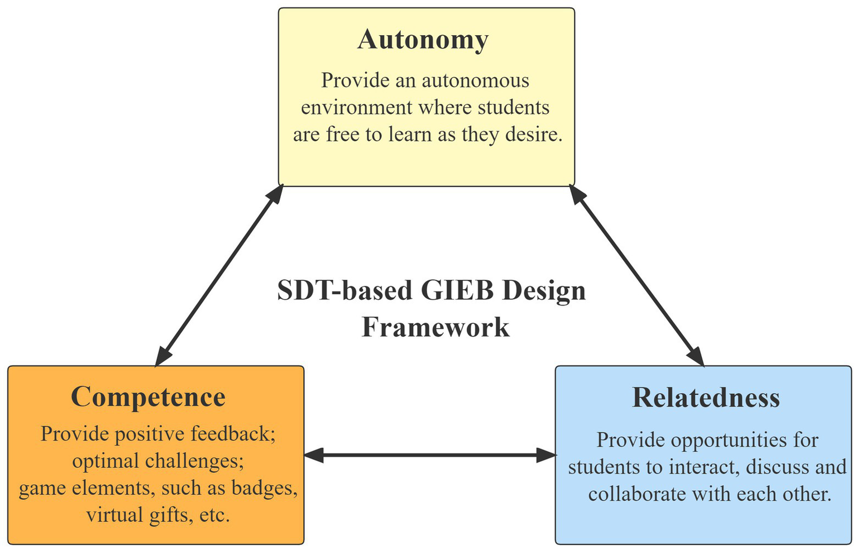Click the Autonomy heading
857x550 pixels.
pyautogui.click(x=423, y=40)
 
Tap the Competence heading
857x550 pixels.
pyautogui.click(x=148, y=397)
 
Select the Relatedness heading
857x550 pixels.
pyautogui.click(x=706, y=398)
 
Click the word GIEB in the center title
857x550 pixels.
pyautogui.click(x=458, y=291)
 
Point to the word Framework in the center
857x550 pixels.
pyautogui.click(x=435, y=327)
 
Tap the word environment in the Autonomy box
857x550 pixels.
pyautogui.click(x=356, y=107)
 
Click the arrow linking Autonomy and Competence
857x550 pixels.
pyautogui.click(x=219, y=275)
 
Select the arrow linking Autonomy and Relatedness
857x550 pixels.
pyautogui.click(x=636, y=275)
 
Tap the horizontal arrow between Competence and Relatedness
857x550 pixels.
pyautogui.click(x=429, y=455)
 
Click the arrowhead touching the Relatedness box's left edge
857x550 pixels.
pyautogui.click(x=546, y=455)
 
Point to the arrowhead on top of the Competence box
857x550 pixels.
pyautogui.click(x=162, y=356)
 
